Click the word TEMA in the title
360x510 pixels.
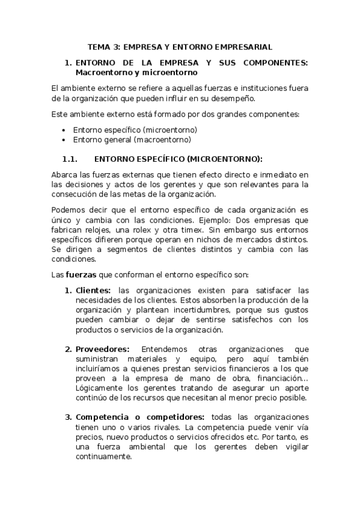pos(99,46)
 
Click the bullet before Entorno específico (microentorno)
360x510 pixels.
pos(64,130)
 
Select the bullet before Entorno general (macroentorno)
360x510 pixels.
pos(64,140)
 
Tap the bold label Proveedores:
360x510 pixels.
pos(102,349)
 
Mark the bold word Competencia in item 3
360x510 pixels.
pos(100,417)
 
